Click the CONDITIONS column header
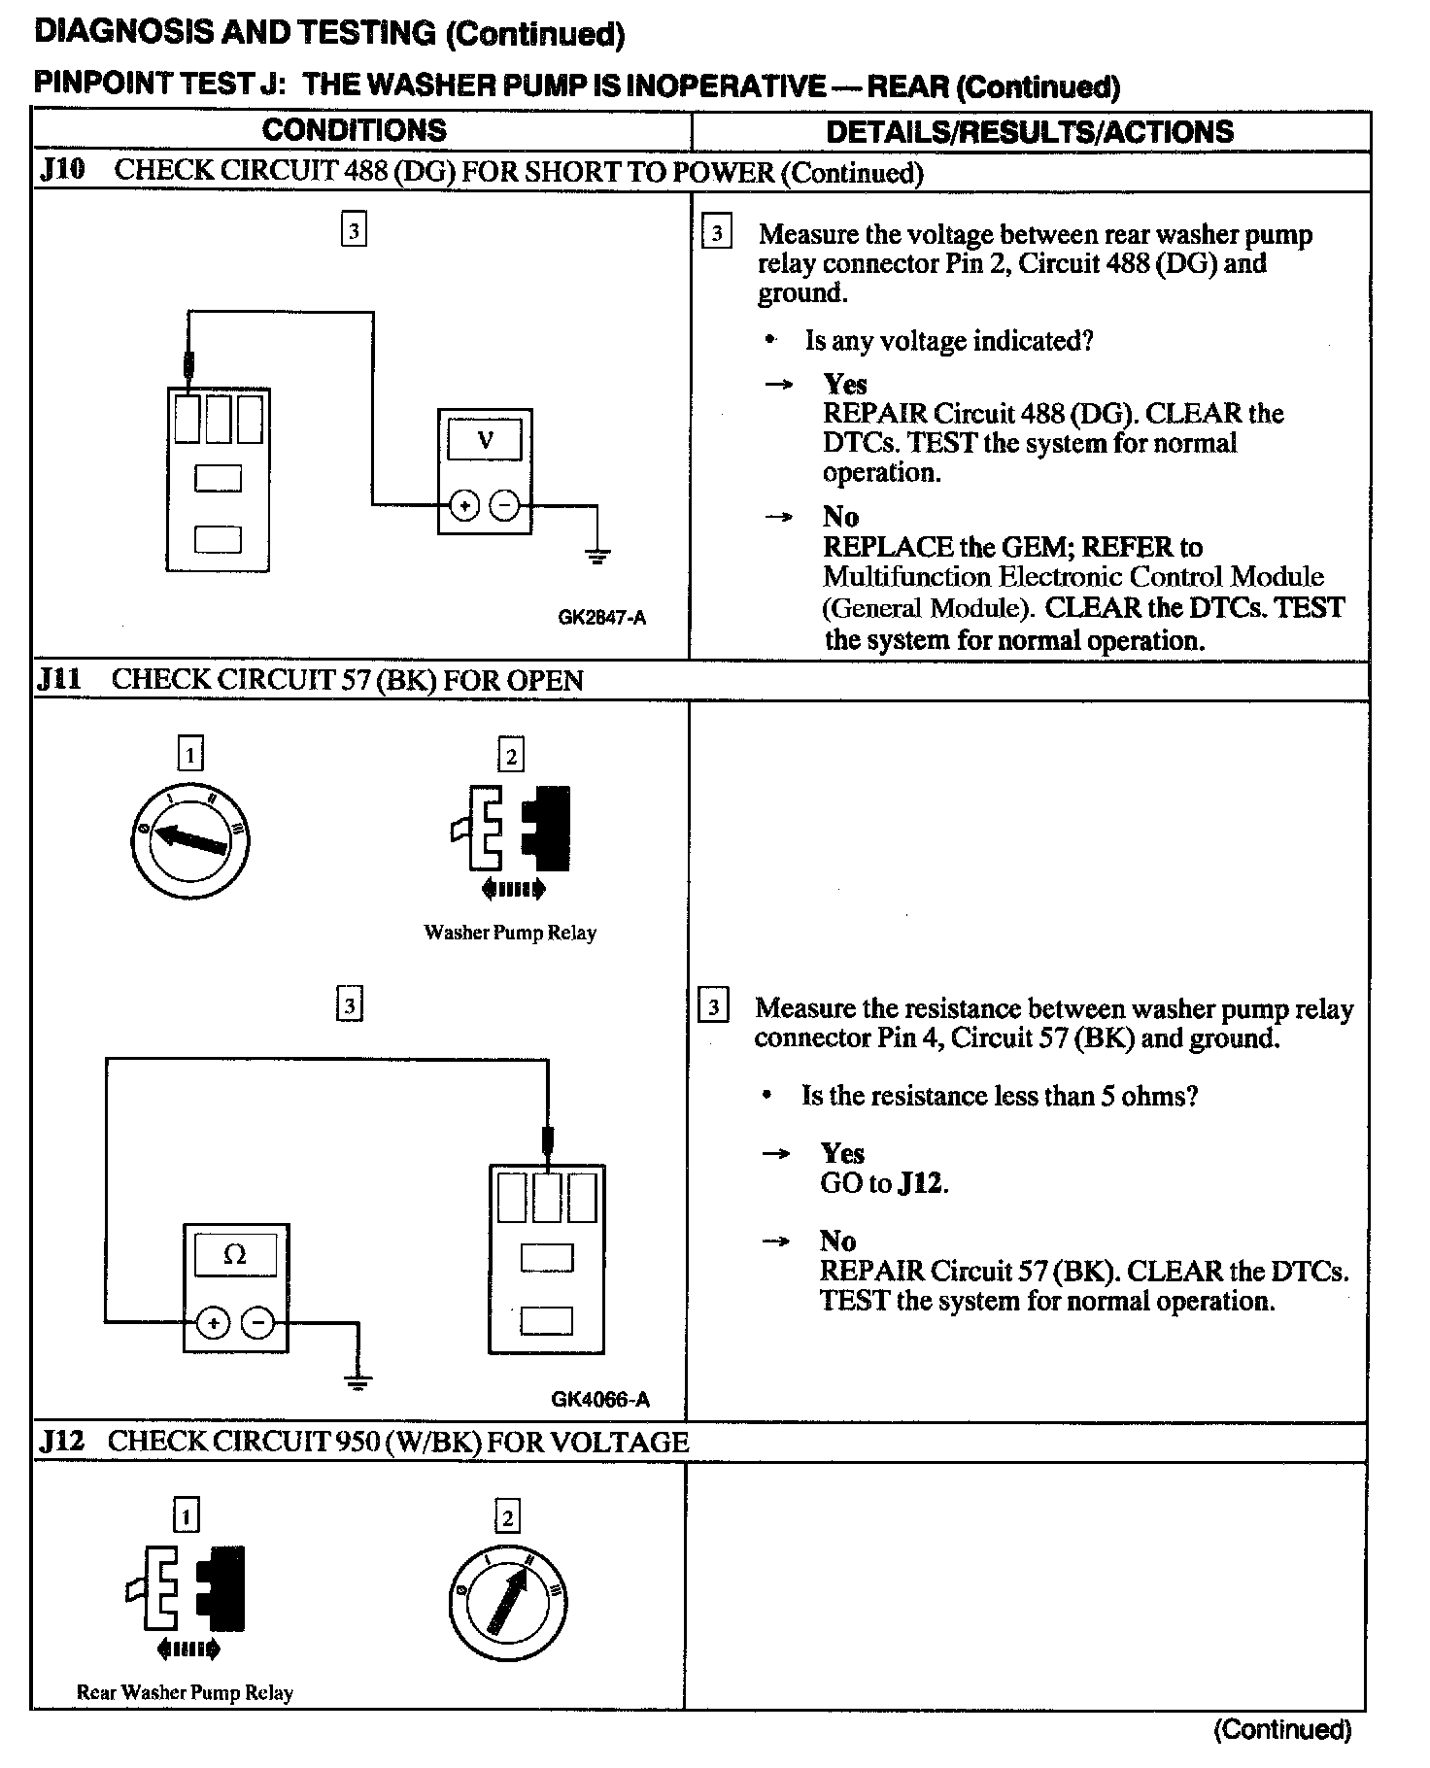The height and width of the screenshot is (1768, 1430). [354, 131]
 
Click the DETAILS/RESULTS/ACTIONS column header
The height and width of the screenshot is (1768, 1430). [1029, 132]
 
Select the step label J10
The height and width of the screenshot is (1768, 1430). [62, 171]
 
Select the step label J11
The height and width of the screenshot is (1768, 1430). [60, 679]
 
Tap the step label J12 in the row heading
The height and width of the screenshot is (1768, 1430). [61, 1441]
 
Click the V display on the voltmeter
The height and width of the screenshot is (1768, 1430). [485, 441]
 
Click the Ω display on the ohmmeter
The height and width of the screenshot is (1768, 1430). [235, 1255]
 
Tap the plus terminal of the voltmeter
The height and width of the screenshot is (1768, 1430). [464, 506]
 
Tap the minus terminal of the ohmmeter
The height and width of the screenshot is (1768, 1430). [257, 1323]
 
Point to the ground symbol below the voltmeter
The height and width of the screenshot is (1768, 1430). [597, 556]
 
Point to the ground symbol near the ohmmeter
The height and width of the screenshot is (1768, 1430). [358, 1381]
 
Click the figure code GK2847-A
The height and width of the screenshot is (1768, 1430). [601, 617]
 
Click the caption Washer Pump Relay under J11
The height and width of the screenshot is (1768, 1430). [510, 933]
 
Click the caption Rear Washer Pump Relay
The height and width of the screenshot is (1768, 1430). [185, 1693]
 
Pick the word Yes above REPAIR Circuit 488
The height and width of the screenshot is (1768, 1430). [845, 384]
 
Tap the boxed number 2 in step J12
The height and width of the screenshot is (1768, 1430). [507, 1516]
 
